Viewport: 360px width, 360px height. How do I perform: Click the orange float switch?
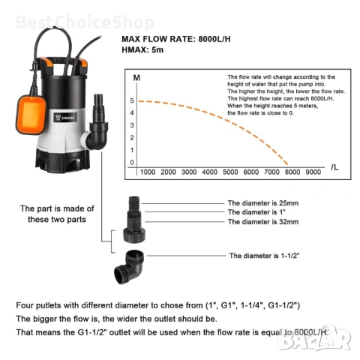pyautogui.click(x=31, y=115)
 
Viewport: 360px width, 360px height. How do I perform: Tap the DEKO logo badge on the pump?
pyautogui.click(x=65, y=117)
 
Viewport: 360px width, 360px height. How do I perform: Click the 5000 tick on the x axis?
pyautogui.click(x=230, y=172)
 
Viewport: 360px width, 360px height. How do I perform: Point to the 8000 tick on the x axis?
pyautogui.click(x=292, y=172)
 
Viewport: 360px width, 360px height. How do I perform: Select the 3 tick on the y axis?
pyautogui.click(x=132, y=125)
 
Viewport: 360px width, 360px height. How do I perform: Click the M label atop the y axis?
pyautogui.click(x=136, y=78)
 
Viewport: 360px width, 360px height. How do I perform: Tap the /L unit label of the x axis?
pyautogui.click(x=334, y=167)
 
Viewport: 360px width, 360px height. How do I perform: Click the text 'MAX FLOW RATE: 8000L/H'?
pyautogui.click(x=176, y=39)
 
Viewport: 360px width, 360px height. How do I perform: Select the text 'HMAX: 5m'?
pyautogui.click(x=142, y=49)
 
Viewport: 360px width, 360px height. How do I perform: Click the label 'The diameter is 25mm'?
pyautogui.click(x=263, y=203)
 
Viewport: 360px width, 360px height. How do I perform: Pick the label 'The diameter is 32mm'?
pyautogui.click(x=263, y=222)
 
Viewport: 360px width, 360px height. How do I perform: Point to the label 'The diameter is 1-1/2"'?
pyautogui.click(x=265, y=256)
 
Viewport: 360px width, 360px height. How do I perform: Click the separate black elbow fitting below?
pyautogui.click(x=129, y=267)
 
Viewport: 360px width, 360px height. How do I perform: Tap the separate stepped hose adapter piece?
pyautogui.click(x=134, y=219)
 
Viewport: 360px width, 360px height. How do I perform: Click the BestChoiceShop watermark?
pyautogui.click(x=85, y=22)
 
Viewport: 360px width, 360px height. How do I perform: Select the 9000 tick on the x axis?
pyautogui.click(x=313, y=172)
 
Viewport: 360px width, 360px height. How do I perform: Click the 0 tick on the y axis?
pyautogui.click(x=132, y=163)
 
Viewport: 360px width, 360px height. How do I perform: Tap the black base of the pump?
pyautogui.click(x=62, y=160)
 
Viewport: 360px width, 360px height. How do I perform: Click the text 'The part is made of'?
pyautogui.click(x=57, y=208)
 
